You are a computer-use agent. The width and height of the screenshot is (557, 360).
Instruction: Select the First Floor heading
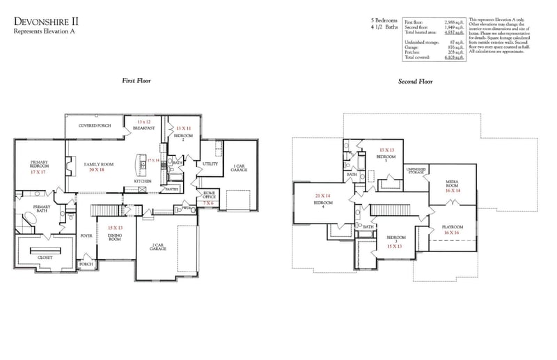[x=136, y=81]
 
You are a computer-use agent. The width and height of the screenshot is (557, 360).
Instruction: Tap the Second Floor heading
[x=416, y=81]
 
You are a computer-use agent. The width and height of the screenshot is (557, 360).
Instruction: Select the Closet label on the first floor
[x=45, y=257]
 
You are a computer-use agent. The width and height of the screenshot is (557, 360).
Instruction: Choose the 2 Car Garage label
[x=158, y=247]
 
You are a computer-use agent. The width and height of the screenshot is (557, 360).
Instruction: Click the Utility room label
[x=211, y=164]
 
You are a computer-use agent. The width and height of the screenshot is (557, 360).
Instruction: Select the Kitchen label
[x=143, y=181]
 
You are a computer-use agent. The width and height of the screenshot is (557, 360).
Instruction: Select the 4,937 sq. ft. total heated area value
[x=452, y=33]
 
